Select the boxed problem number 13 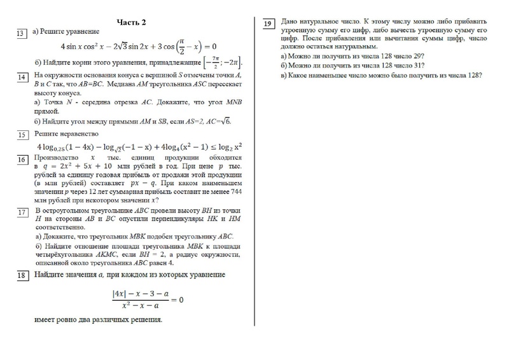pyautogui.click(x=21, y=33)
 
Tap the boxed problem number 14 pyautogui.click(x=21, y=77)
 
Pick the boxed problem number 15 pyautogui.click(x=21, y=135)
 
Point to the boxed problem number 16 pyautogui.click(x=21, y=159)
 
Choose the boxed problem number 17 pyautogui.click(x=21, y=212)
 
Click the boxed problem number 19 pyautogui.click(x=268, y=24)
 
